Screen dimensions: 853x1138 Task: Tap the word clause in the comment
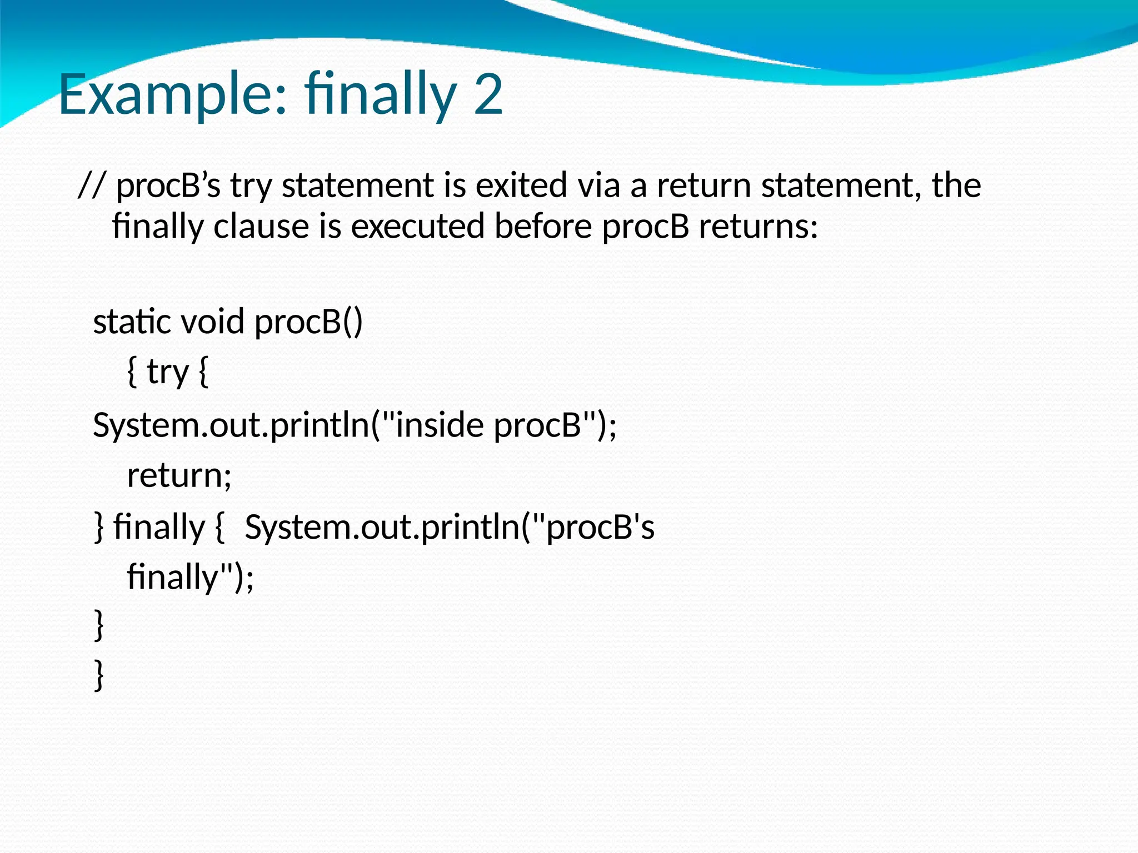tap(261, 227)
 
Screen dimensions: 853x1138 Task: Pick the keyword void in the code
tap(213, 322)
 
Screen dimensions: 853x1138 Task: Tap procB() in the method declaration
tap(308, 322)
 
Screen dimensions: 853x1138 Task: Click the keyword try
tap(168, 373)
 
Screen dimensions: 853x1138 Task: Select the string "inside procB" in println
tap(490, 425)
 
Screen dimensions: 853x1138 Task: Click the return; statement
tap(179, 476)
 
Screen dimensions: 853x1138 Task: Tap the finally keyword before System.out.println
tap(159, 527)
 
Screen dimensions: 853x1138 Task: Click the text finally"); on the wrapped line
tap(191, 578)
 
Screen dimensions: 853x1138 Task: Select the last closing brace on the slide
tap(99, 675)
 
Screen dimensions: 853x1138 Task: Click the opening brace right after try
tap(203, 373)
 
